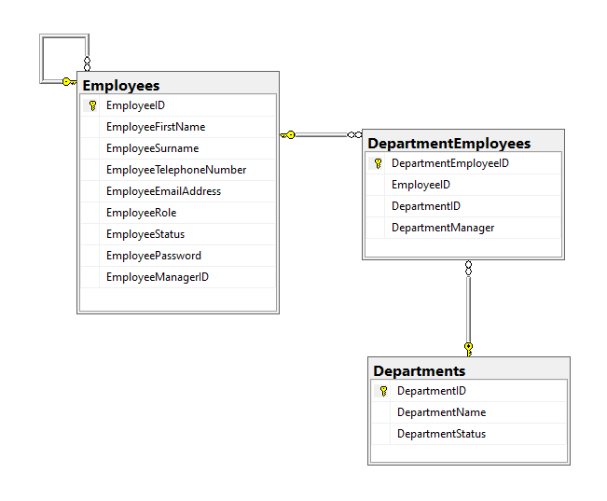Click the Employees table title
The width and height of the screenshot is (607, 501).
tap(121, 86)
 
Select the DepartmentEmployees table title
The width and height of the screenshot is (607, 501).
tap(448, 144)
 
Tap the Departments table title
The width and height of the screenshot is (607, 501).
tap(419, 370)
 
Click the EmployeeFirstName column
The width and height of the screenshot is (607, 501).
tap(156, 127)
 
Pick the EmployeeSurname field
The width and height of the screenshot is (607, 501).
tap(152, 148)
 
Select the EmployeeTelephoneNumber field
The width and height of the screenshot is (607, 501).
tap(176, 170)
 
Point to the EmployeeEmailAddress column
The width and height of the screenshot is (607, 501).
tap(163, 191)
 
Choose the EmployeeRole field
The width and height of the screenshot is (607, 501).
tap(141, 213)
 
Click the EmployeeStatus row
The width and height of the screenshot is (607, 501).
tap(145, 234)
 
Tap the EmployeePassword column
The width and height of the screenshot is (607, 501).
tap(153, 256)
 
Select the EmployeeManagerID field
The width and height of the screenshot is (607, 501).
tap(158, 277)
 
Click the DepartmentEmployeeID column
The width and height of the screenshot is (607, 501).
tap(450, 163)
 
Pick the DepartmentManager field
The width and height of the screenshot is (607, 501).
tap(443, 228)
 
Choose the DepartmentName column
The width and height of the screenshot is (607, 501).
tap(441, 412)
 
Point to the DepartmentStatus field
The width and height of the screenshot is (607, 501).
tap(441, 434)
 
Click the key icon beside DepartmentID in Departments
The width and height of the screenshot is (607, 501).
tap(383, 391)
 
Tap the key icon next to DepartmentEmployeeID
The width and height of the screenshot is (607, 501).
tap(378, 163)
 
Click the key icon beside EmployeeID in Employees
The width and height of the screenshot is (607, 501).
tap(92, 105)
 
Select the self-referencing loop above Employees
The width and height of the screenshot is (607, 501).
tap(63, 58)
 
